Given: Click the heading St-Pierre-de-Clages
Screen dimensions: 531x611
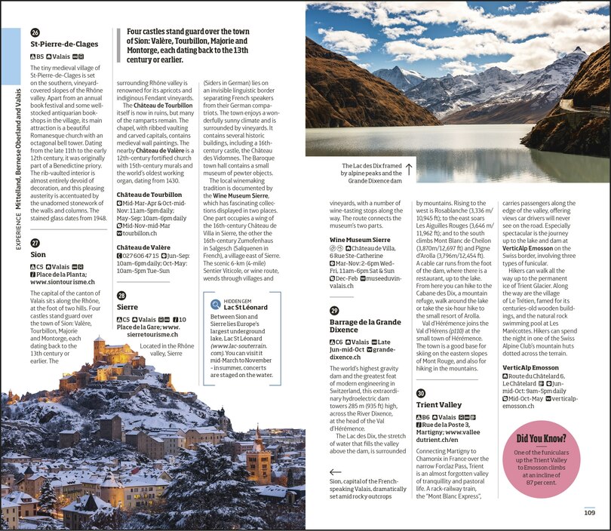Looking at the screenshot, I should tap(64, 44).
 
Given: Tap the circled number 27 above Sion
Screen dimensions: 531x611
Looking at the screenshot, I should tap(35, 243).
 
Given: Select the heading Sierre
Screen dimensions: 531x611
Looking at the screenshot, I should tap(128, 307).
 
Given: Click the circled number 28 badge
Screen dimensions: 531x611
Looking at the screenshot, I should tap(121, 295).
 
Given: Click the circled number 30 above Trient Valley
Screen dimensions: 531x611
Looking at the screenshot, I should tap(421, 394).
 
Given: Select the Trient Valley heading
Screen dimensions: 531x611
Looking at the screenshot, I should tap(439, 405).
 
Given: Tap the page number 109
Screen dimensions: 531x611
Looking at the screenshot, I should tap(589, 513).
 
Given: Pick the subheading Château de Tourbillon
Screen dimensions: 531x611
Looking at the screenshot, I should tap(149, 195).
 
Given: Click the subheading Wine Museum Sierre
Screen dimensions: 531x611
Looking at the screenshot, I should tap(359, 239).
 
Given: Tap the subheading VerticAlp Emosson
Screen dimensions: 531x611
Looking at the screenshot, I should tap(530, 367).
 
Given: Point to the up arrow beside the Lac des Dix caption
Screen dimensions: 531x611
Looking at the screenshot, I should tap(409, 170).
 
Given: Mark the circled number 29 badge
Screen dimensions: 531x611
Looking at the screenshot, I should tap(334, 311).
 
